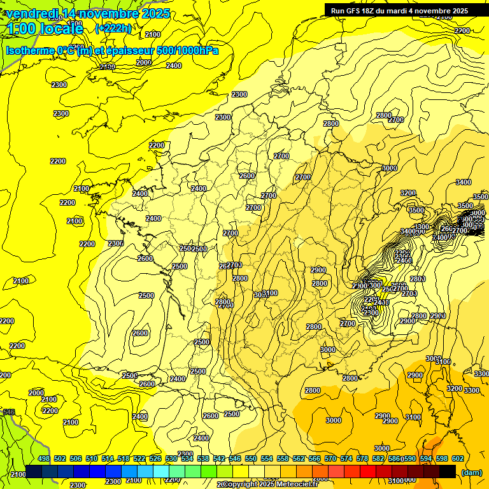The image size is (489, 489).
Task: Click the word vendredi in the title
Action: (x=32, y=13)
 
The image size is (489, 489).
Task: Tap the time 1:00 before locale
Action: (x=20, y=29)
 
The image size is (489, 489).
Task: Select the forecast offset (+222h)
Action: (x=113, y=28)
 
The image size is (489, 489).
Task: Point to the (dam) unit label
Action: (x=471, y=472)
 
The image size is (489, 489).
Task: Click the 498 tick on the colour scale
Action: (x=43, y=458)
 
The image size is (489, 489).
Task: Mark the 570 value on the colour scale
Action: (x=330, y=458)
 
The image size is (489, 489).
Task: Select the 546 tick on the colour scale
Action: (x=235, y=458)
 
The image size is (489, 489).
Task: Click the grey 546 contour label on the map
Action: (x=9, y=413)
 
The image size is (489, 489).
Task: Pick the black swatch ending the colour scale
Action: (x=448, y=471)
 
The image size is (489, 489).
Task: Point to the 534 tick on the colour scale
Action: (x=187, y=458)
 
